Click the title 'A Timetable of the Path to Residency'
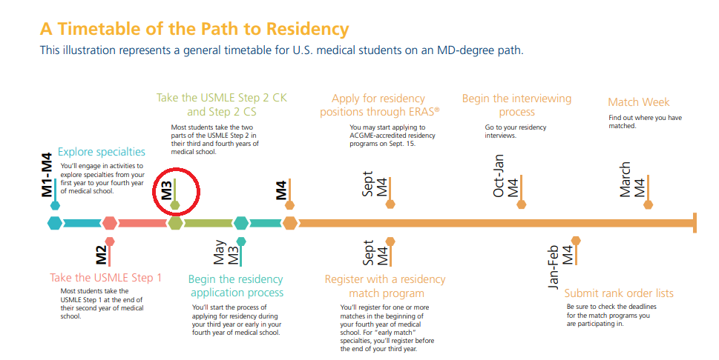[x=194, y=29]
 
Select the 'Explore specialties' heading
[x=102, y=152]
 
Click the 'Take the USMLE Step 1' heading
[x=105, y=278]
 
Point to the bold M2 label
[x=101, y=254]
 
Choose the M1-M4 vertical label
[x=46, y=175]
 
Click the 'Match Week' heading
[x=638, y=102]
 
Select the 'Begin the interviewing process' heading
[x=516, y=105]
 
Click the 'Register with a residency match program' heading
[x=385, y=286]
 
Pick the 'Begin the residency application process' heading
[x=236, y=286]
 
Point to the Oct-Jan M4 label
[x=506, y=176]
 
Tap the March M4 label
[x=632, y=179]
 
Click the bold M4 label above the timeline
[x=281, y=190]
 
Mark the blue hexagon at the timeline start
[x=54, y=222]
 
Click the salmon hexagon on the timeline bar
[x=110, y=222]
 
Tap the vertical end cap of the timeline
[x=694, y=222]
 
